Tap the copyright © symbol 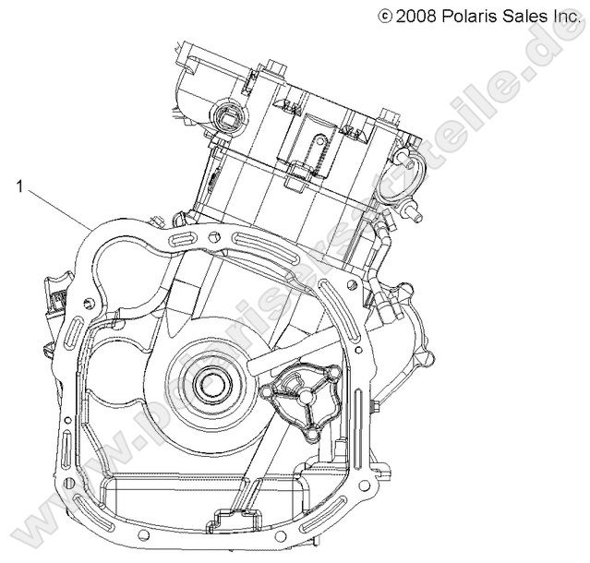[385, 14]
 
